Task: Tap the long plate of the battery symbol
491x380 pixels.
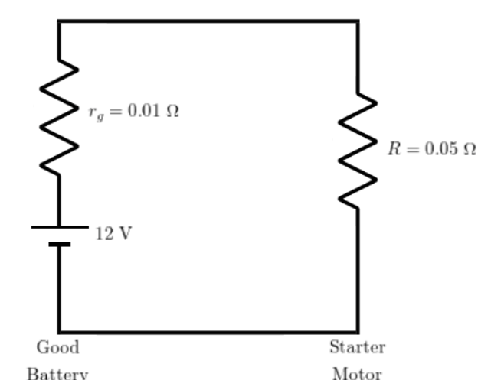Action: click(x=59, y=227)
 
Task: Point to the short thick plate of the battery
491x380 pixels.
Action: click(x=59, y=244)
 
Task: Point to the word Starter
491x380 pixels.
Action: click(x=357, y=348)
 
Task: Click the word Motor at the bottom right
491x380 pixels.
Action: click(x=357, y=375)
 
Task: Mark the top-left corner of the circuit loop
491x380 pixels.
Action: click(x=59, y=22)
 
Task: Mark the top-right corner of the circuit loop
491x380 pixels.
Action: click(x=358, y=22)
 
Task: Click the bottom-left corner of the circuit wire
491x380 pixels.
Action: click(x=59, y=331)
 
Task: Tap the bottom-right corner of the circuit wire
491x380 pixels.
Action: click(x=358, y=331)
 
